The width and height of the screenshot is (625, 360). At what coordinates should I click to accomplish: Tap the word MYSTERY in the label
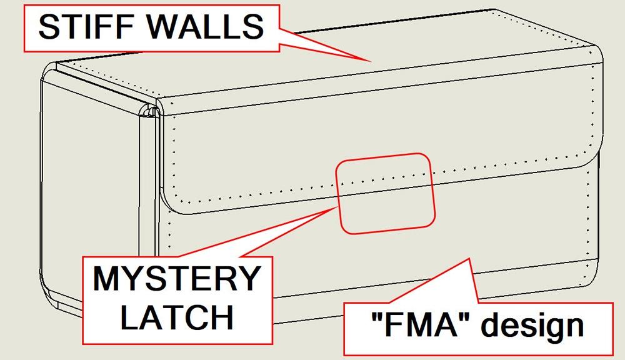click(x=176, y=279)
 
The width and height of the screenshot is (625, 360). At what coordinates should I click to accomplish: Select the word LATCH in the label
click(x=177, y=317)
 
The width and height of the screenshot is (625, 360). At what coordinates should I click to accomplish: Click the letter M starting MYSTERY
click(x=107, y=279)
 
